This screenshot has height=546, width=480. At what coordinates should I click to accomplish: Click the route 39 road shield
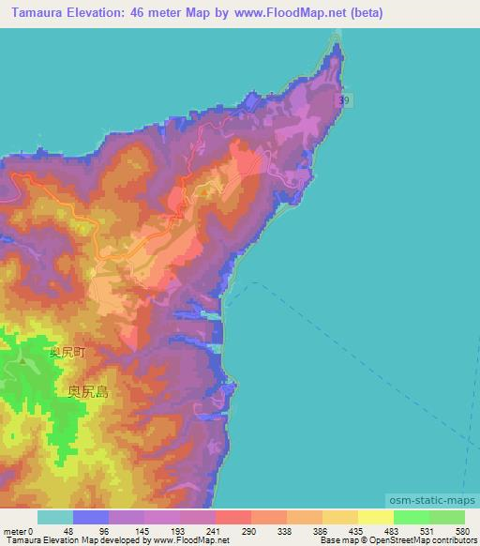click(x=346, y=99)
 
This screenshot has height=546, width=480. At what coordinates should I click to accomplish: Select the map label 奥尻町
click(x=67, y=354)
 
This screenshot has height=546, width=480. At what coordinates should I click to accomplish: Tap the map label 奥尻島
click(x=88, y=392)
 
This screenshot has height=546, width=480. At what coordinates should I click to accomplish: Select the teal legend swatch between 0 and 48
click(x=55, y=517)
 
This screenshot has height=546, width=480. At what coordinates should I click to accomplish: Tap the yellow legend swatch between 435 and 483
click(x=376, y=517)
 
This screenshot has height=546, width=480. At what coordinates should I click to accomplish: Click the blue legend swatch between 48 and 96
click(x=91, y=517)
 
